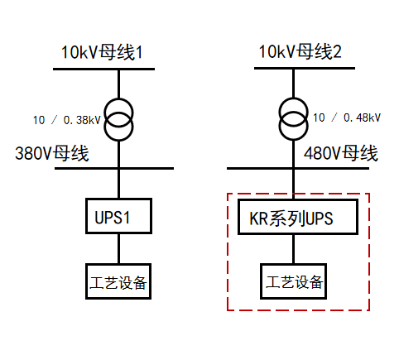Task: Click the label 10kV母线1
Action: pos(102,53)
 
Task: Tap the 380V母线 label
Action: pos(51,153)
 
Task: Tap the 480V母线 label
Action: pos(340,153)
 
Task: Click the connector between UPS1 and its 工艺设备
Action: pos(118,248)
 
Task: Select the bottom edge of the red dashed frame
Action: pos(298,311)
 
